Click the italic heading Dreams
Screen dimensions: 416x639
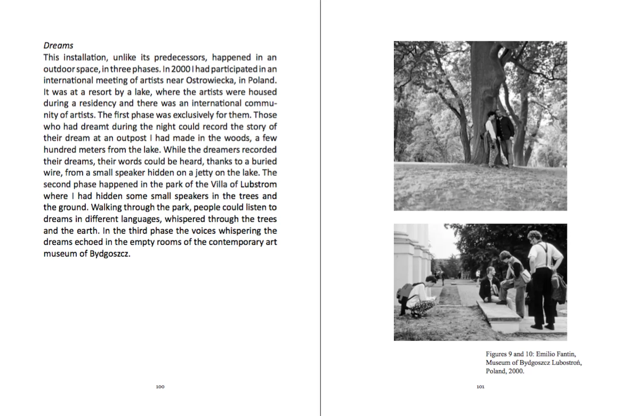[58, 46]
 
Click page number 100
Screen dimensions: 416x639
[160, 387]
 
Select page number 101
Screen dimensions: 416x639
[481, 387]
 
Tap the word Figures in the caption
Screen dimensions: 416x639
[496, 354]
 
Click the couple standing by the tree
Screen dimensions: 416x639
[498, 136]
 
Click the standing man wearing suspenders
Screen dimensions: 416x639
[543, 277]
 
